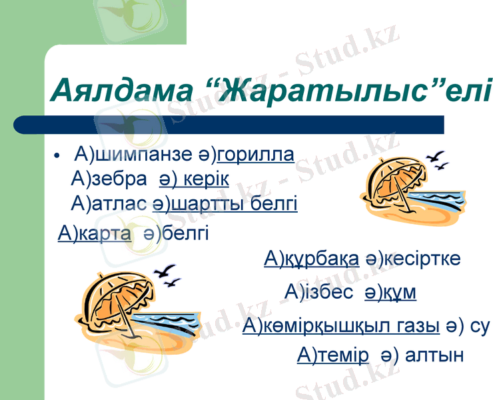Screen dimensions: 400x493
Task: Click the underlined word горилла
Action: pyautogui.click(x=256, y=155)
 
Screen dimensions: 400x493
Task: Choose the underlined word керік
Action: pyautogui.click(x=203, y=179)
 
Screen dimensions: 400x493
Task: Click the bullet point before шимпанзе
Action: pyautogui.click(x=59, y=157)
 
